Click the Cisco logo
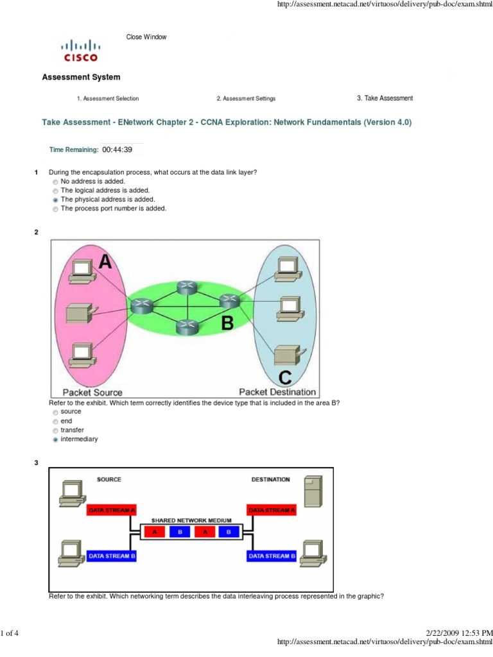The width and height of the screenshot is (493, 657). pyautogui.click(x=80, y=50)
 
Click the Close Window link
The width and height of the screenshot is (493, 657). pyautogui.click(x=146, y=37)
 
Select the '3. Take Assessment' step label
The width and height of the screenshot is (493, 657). pyautogui.click(x=385, y=98)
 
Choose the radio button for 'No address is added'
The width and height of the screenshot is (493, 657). pyautogui.click(x=55, y=182)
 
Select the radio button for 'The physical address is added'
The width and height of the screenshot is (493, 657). pyautogui.click(x=55, y=200)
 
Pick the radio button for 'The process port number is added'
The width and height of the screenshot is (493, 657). pyautogui.click(x=55, y=209)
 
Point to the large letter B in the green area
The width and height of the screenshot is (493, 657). pyautogui.click(x=227, y=323)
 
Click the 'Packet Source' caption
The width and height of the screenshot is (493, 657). pyautogui.click(x=92, y=392)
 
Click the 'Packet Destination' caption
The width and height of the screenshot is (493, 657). pyautogui.click(x=277, y=391)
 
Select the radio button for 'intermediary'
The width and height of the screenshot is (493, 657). pyautogui.click(x=55, y=439)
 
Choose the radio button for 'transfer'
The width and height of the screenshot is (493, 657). pyautogui.click(x=55, y=431)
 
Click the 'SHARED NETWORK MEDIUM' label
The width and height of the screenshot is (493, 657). pyautogui.click(x=189, y=520)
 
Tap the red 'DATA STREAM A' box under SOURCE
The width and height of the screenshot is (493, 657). pyautogui.click(x=112, y=510)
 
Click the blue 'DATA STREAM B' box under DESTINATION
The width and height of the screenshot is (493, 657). pyautogui.click(x=272, y=556)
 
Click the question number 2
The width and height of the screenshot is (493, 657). pyautogui.click(x=36, y=232)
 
